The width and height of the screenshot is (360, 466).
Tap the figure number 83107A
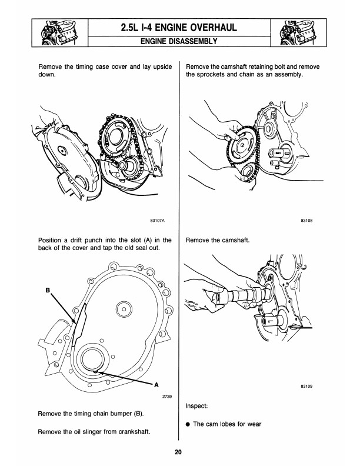(156, 221)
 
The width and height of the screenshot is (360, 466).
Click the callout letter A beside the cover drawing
(156, 385)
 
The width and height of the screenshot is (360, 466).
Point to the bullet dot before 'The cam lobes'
(188, 424)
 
